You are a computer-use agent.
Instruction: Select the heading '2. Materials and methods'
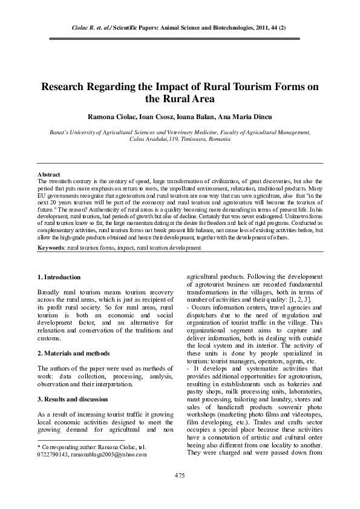click(x=74, y=352)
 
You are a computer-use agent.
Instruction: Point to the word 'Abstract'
click(x=49, y=175)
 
